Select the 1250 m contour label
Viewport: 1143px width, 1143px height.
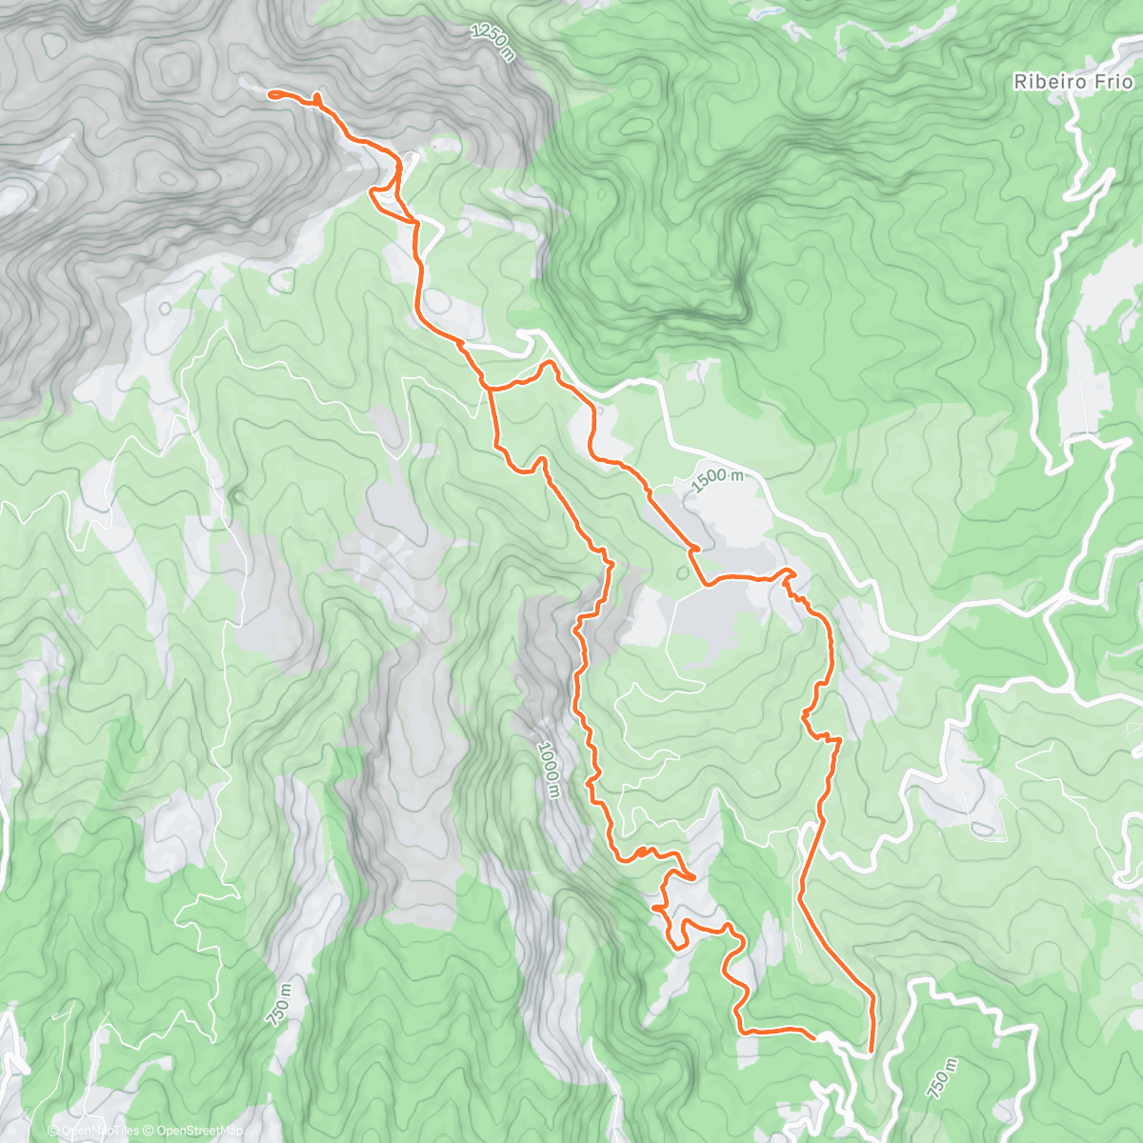click(x=492, y=43)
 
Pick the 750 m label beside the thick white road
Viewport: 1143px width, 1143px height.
click(x=938, y=1072)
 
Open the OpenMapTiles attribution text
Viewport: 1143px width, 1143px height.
click(x=100, y=1131)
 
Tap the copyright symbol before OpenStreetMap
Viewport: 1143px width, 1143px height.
click(x=150, y=1131)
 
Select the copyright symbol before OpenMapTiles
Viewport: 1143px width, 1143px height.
click(x=54, y=1131)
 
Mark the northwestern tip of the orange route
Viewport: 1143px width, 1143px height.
click(x=271, y=93)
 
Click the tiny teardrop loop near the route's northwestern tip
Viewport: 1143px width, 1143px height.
click(x=316, y=98)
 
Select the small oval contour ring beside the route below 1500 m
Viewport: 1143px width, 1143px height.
click(x=682, y=573)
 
